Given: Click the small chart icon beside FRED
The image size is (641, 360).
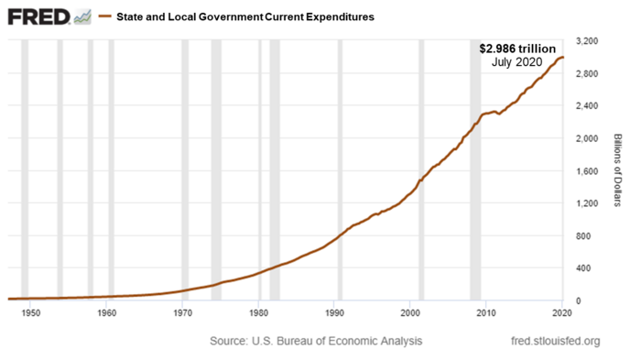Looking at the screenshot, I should click(82, 16).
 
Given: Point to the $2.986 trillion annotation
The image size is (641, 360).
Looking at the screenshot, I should click(517, 48).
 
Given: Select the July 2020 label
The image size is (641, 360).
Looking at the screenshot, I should click(518, 62).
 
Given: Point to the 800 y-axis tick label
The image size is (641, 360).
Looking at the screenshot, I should click(582, 235).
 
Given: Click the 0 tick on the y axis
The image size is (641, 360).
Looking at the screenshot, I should click(577, 300).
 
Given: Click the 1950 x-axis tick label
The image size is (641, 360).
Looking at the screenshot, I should click(31, 313).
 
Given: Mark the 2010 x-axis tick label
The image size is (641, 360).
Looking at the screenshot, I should click(487, 313).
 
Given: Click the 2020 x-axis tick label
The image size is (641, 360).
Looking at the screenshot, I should click(562, 313).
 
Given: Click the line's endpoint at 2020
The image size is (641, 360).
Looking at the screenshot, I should click(563, 58).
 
